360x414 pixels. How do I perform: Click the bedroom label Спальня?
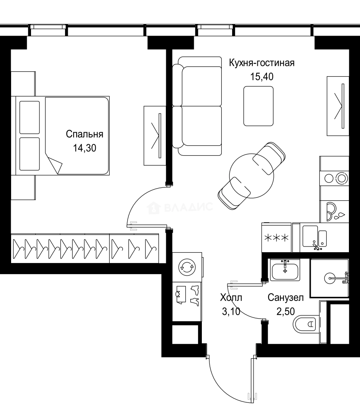click(x=84, y=134)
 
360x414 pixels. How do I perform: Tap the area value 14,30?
click(x=84, y=148)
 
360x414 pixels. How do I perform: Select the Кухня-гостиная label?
click(x=262, y=63)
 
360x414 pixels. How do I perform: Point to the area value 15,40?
click(x=262, y=77)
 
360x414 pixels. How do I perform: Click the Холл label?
click(x=231, y=297)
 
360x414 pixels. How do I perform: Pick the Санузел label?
click(x=286, y=297)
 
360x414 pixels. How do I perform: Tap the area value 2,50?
click(x=286, y=312)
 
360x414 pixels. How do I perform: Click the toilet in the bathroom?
click(x=304, y=324)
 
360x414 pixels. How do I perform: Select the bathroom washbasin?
click(x=285, y=269)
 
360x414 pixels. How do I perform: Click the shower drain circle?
click(x=330, y=278)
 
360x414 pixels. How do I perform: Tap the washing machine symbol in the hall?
click(x=187, y=267)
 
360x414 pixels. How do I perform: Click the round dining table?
click(x=252, y=176)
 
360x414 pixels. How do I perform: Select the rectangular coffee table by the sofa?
click(x=259, y=106)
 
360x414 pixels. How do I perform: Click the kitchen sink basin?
click(x=310, y=236)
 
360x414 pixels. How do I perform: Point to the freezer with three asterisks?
click(x=277, y=238)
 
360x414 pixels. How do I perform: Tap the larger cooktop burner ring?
click(x=342, y=179)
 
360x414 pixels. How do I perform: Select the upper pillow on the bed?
click(x=29, y=118)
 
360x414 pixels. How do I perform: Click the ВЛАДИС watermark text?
click(x=188, y=207)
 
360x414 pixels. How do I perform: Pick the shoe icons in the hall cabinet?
click(x=195, y=296)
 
